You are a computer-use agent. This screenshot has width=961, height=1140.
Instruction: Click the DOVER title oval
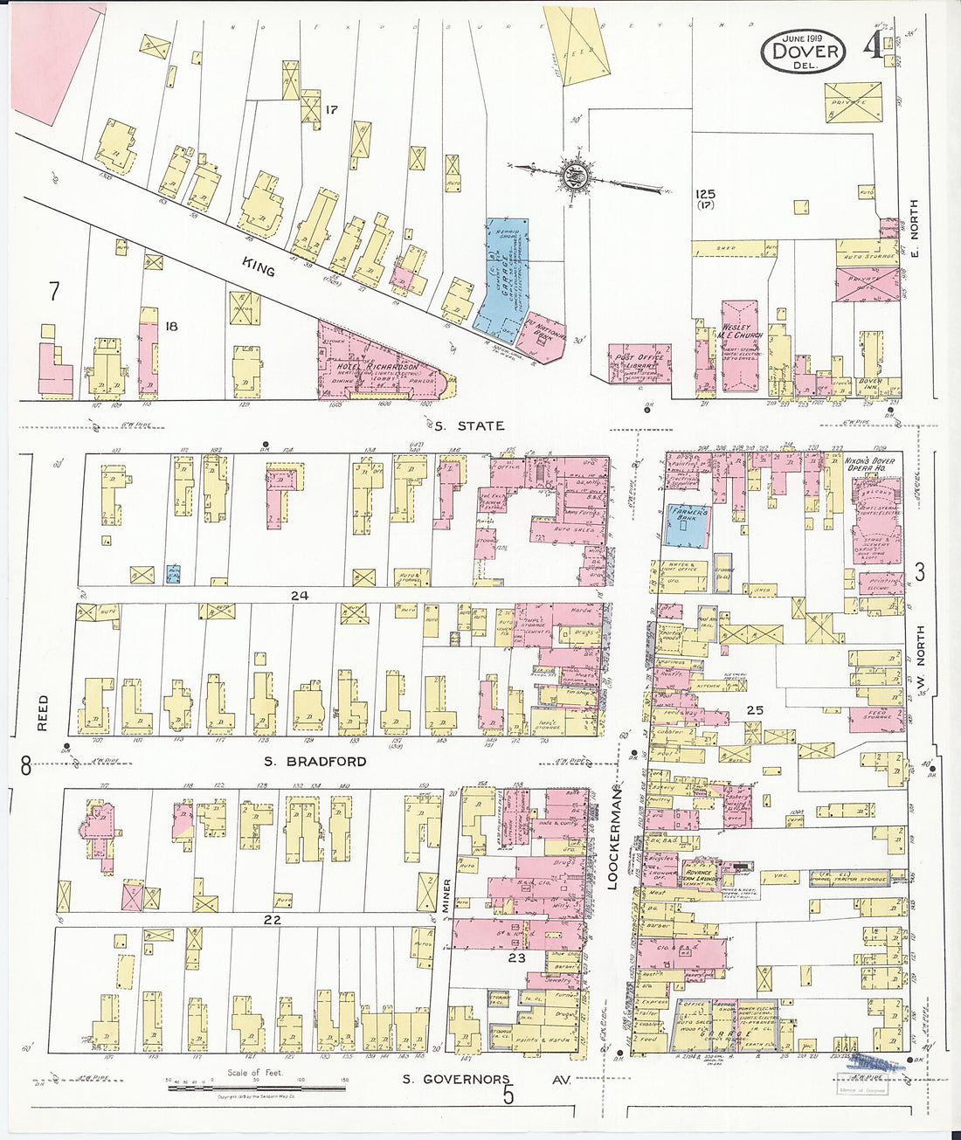[804, 52]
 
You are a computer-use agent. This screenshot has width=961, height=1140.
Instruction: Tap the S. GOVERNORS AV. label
[485, 1080]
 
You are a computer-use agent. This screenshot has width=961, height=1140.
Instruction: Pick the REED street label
[44, 714]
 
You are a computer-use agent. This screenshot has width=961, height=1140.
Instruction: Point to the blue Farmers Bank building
[688, 526]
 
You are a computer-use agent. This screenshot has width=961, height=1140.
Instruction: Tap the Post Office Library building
[640, 363]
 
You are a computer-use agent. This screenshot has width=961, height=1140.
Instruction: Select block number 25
[754, 710]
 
